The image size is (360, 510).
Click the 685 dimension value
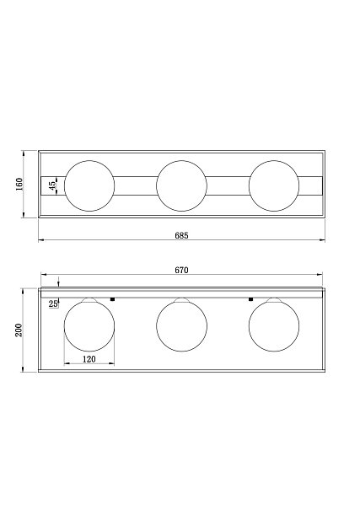181,235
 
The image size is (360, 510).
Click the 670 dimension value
181,271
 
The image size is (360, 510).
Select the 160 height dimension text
19,185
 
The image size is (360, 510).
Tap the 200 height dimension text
19,330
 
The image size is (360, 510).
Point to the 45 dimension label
52,185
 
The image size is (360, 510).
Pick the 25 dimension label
53,304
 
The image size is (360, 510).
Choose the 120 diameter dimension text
89,359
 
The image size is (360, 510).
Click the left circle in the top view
64,185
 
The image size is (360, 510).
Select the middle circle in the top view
157,185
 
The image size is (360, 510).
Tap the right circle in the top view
249,185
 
